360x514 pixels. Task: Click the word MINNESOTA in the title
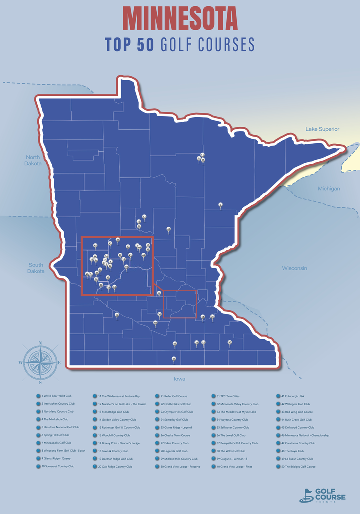[x=180, y=19]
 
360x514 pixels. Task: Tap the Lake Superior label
[x=322, y=129]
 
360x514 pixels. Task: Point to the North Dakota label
[x=33, y=160]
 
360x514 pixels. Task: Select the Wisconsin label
[x=294, y=268]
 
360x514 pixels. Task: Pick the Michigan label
[x=329, y=189]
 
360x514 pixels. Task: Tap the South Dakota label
[x=36, y=268]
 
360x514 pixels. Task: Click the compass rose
[x=39, y=362]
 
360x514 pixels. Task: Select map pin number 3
[x=220, y=205]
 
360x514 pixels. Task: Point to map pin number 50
[x=229, y=342]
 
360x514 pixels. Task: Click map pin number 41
[x=169, y=229]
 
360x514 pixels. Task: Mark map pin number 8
[x=159, y=293]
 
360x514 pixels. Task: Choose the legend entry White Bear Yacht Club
[x=57, y=395]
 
